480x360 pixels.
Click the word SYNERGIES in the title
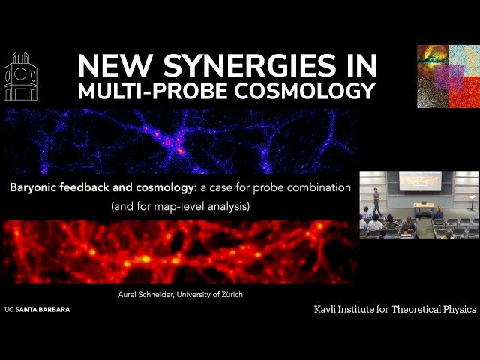229,67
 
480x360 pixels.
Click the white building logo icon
20,76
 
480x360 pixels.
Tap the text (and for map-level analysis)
179,205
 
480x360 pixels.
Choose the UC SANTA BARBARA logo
37,309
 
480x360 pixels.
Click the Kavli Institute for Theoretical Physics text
395,309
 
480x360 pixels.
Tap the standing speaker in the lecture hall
376,201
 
